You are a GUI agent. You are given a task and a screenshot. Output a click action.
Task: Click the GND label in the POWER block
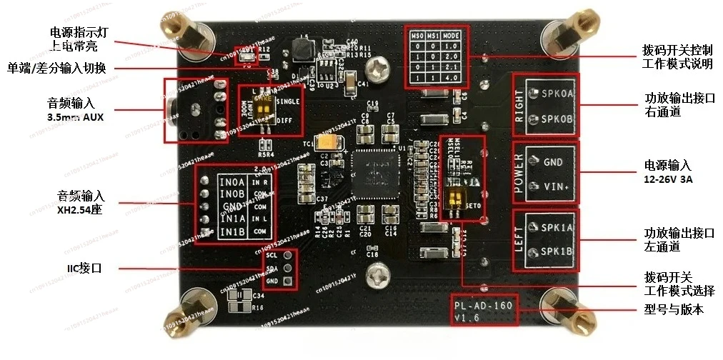[x=553, y=162]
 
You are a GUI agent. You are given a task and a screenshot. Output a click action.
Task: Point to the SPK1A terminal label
[x=558, y=228]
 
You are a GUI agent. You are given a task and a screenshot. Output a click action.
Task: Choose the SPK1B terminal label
[x=558, y=251]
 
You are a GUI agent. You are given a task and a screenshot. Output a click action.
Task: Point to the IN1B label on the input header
[x=231, y=231]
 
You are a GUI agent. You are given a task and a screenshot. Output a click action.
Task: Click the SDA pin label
[x=271, y=268]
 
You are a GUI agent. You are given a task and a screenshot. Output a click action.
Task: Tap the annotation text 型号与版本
[x=669, y=310]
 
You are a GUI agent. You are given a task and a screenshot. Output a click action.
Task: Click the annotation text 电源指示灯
[x=79, y=32]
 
